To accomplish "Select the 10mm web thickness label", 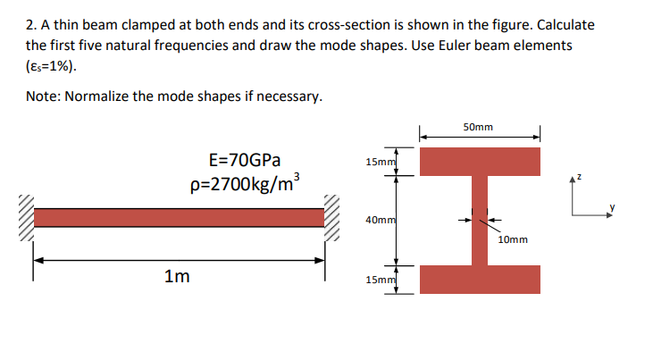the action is click(x=513, y=239).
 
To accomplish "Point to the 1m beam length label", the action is click(x=176, y=277).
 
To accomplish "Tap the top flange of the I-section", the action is click(x=480, y=162).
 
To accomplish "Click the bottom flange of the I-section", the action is click(x=480, y=280).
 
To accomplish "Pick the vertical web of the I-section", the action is click(x=480, y=220).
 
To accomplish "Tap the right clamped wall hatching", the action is click(x=332, y=218).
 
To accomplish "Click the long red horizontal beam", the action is click(x=179, y=218).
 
